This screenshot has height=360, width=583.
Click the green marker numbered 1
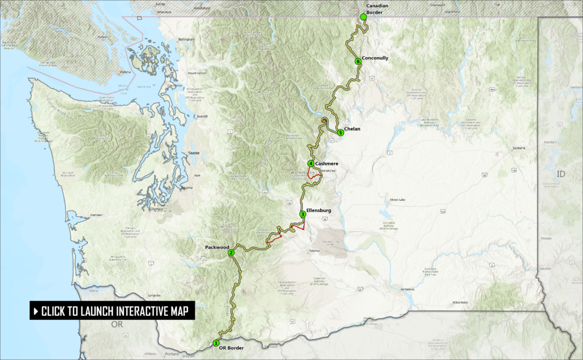click(x=216, y=342)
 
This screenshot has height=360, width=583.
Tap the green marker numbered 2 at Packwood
click(x=231, y=253)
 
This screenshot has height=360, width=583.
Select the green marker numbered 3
click(x=303, y=214)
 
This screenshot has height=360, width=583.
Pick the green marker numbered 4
click(x=311, y=164)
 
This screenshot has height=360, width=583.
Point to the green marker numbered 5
click(x=340, y=132)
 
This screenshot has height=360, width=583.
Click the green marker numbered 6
click(x=358, y=61)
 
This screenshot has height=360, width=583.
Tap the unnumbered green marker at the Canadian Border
click(x=363, y=18)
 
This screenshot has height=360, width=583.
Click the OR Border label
click(x=231, y=348)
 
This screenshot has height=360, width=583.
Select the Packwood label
click(x=217, y=247)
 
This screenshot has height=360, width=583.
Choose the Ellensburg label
click(x=319, y=210)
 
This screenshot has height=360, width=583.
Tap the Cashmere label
click(x=327, y=164)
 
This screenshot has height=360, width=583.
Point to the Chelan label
click(x=352, y=129)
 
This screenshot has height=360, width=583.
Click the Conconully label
click(x=375, y=58)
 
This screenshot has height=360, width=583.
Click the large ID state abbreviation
click(x=561, y=174)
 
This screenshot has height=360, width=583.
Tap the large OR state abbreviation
click(x=117, y=324)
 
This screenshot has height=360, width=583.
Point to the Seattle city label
click(x=194, y=154)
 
